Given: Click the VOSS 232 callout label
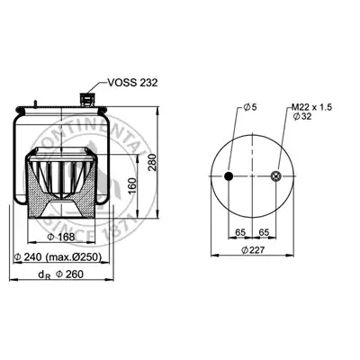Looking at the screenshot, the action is point(132,83).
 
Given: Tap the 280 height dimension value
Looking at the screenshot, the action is point(152,162).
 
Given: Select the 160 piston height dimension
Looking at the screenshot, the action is point(132,185).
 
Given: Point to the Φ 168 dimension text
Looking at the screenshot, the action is point(61,237).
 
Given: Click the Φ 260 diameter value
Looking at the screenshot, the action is point(69,274).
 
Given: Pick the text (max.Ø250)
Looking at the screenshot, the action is point(74,257).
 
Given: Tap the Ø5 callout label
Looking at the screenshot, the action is point(250,107).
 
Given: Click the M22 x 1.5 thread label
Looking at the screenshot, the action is point(312,107).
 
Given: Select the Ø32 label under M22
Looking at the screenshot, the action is point(302,116).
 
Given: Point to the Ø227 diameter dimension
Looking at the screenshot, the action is point(253,249).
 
